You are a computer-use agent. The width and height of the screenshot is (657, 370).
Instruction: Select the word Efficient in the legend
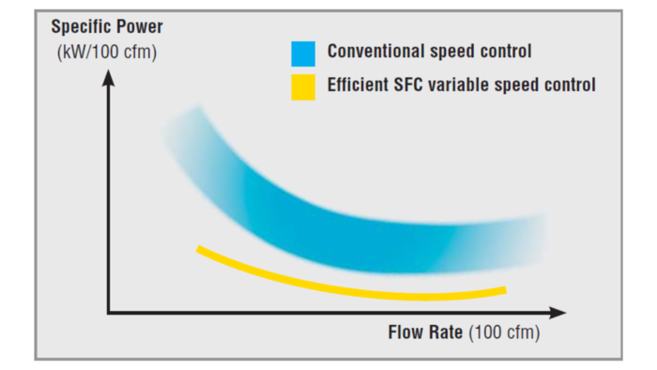click(x=356, y=85)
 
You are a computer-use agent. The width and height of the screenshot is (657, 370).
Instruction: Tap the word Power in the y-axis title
click(x=138, y=26)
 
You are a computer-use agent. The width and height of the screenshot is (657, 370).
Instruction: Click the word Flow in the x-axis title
click(x=405, y=333)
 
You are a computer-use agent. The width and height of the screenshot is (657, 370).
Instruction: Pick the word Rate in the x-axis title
click(x=445, y=333)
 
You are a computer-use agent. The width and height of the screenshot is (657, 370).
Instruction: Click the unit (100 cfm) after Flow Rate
click(x=504, y=333)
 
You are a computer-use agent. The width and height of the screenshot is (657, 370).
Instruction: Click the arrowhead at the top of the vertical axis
click(x=109, y=77)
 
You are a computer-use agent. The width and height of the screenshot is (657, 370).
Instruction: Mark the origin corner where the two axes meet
click(x=109, y=312)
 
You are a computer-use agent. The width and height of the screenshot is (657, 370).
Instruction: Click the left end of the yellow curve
click(x=198, y=249)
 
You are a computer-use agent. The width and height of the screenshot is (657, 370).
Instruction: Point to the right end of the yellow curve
click(x=504, y=289)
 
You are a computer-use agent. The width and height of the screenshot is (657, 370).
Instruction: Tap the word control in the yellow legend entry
click(x=572, y=85)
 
